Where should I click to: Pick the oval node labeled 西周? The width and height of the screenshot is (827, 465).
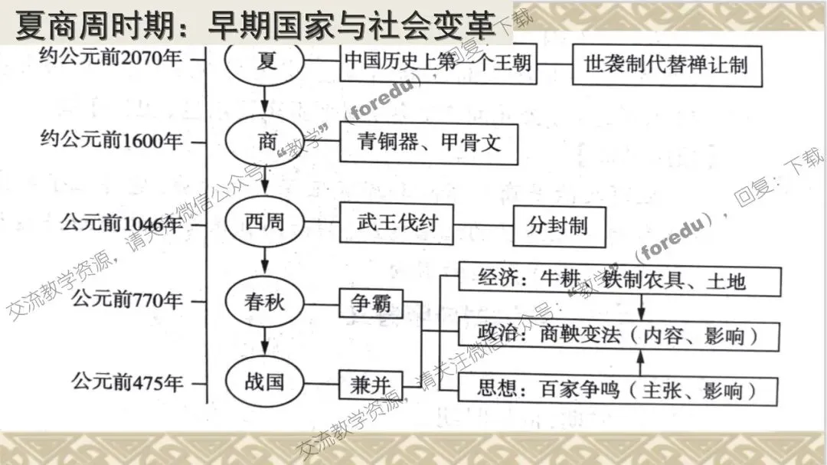pos(265,223)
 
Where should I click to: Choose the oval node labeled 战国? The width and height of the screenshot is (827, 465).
pos(265,381)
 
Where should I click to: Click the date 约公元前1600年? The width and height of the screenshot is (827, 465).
pos(112,141)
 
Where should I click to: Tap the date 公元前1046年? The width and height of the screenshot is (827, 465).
pos(123,223)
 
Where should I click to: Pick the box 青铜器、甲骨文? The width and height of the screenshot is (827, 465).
pos(428,142)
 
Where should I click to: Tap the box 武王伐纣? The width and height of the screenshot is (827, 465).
pos(397,223)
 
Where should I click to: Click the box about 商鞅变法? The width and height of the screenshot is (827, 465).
pos(618,336)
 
